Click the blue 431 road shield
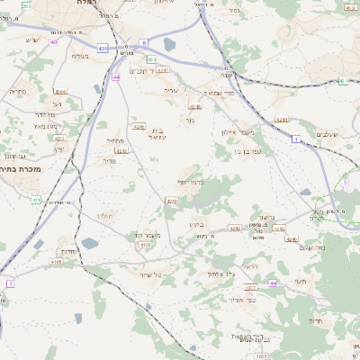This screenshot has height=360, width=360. [104, 49]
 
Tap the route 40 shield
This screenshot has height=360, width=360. [54, 41]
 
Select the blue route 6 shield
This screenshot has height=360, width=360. [143, 42]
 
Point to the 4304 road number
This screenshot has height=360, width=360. [59, 92]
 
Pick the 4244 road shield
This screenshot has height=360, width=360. [281, 119]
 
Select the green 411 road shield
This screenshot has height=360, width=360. [36, 199]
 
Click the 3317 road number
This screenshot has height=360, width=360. [249, 287]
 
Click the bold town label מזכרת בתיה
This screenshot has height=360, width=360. [22, 168]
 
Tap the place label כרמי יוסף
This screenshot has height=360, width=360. [191, 183]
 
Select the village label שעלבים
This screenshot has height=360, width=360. [328, 134]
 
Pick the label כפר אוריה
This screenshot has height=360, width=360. [243, 300]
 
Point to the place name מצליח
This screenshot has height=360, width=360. [79, 56]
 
